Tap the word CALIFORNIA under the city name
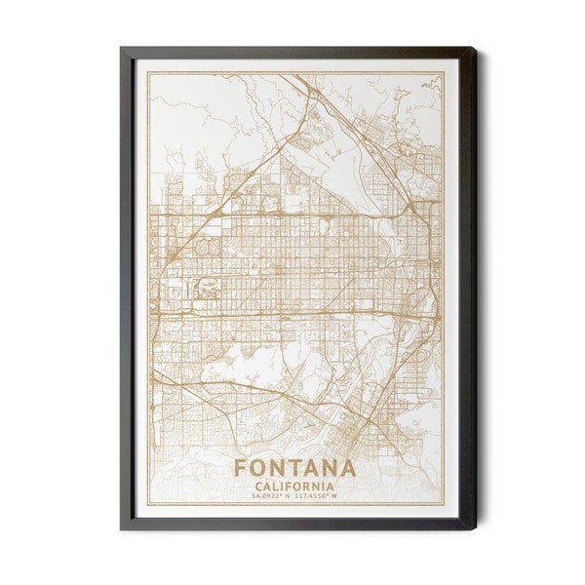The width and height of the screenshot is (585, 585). tap(294, 486)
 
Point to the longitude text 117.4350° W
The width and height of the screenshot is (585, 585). tap(321, 496)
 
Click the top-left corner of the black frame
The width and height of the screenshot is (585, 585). tap(121, 47)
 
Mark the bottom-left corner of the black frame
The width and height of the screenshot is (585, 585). tap(121, 529)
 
